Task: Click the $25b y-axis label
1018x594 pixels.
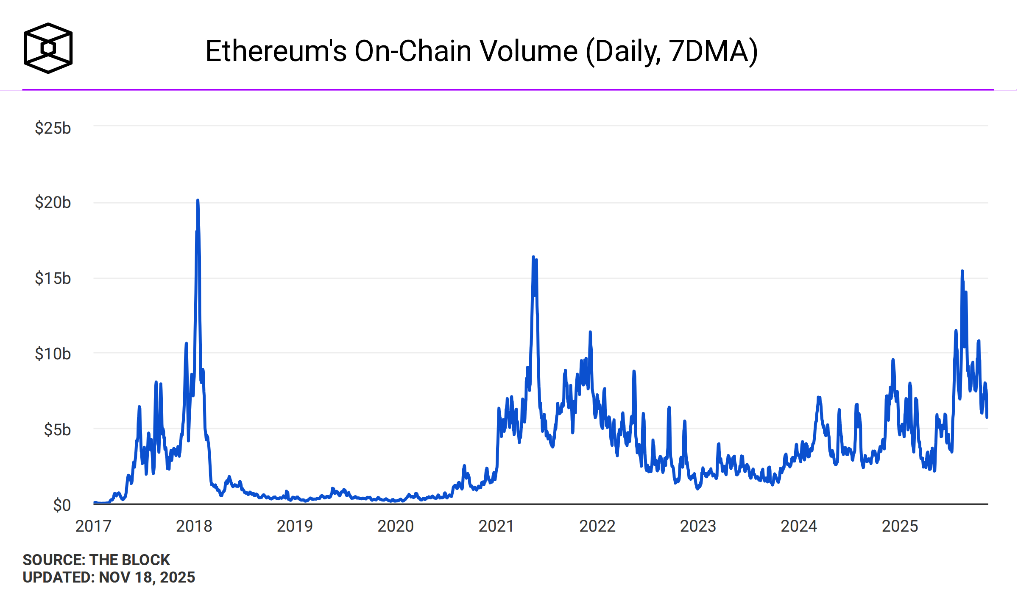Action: (x=53, y=128)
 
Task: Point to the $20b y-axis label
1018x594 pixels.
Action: (x=53, y=202)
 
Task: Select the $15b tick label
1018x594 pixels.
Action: (x=53, y=278)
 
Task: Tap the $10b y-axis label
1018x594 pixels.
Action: (x=53, y=353)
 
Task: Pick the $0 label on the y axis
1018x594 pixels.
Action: (x=61, y=505)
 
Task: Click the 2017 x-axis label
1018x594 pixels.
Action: (x=93, y=526)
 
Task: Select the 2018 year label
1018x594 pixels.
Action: (x=194, y=526)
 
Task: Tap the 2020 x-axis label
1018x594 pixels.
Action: (x=395, y=526)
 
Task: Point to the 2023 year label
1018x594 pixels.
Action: (x=698, y=526)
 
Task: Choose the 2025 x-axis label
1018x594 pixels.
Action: (x=900, y=526)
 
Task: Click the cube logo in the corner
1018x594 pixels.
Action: (x=48, y=48)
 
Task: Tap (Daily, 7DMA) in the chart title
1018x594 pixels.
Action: (x=672, y=51)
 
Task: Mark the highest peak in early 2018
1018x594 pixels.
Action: (x=198, y=201)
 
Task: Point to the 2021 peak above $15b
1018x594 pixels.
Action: (x=533, y=257)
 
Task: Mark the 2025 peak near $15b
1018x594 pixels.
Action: (x=962, y=271)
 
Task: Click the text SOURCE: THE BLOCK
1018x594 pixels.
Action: (x=96, y=560)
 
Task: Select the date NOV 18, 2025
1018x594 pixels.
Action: (x=147, y=577)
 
